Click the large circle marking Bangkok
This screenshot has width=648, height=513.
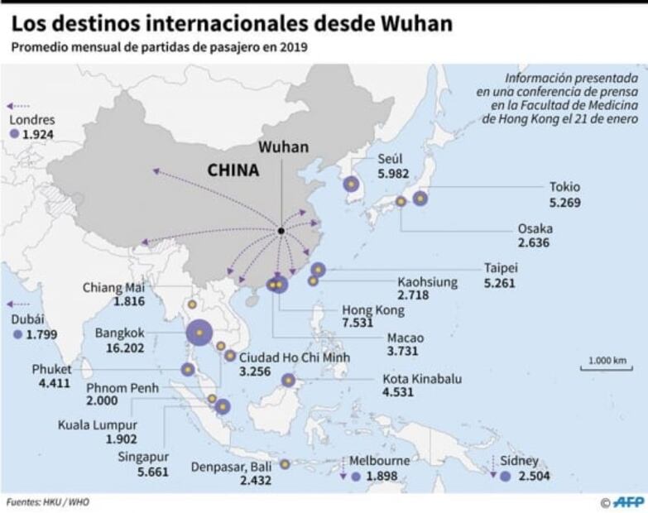(x=199, y=332)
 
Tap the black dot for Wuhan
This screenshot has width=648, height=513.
(x=281, y=230)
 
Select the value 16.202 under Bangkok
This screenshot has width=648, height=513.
(x=121, y=348)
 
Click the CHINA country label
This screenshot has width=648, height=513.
(x=233, y=170)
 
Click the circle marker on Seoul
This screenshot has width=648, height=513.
(x=352, y=185)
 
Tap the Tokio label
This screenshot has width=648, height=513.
(x=565, y=186)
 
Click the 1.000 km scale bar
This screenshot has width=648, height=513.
(x=607, y=364)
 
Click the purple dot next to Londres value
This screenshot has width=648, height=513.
(x=13, y=133)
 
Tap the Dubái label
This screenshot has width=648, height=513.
(x=27, y=319)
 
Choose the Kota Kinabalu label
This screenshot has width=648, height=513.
(x=422, y=379)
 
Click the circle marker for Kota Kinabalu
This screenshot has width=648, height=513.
(x=289, y=381)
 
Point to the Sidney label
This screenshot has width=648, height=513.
(x=520, y=460)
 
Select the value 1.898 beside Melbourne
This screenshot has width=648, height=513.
(x=382, y=477)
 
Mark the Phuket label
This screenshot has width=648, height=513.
(x=52, y=368)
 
